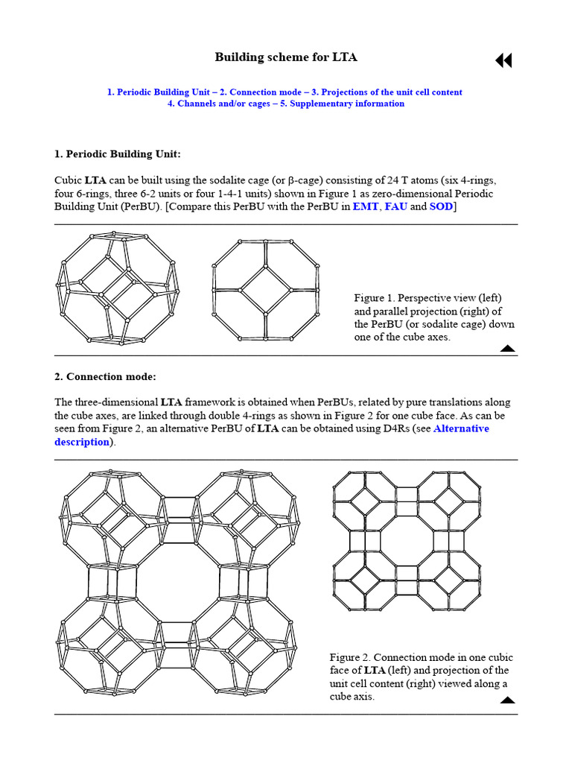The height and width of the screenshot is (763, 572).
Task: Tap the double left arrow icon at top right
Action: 503,61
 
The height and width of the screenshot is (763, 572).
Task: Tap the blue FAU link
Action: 395,206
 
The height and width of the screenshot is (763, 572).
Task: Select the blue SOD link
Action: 441,206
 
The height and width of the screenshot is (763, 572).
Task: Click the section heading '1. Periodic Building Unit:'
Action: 118,154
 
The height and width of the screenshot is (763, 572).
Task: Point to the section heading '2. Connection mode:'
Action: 105,376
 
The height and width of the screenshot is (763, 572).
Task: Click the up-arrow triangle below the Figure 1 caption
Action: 507,348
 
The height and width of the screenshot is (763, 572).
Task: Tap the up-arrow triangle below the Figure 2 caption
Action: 507,700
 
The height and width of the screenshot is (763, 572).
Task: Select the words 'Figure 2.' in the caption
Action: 349,657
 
